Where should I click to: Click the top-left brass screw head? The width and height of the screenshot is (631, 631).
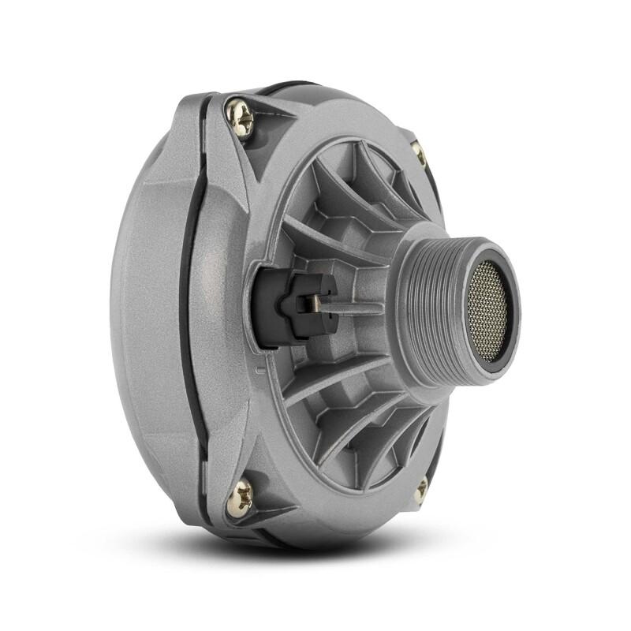point(239,117)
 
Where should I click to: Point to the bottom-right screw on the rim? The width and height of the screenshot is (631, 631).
point(421,490)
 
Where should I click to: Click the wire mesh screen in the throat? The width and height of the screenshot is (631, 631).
point(489,312)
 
